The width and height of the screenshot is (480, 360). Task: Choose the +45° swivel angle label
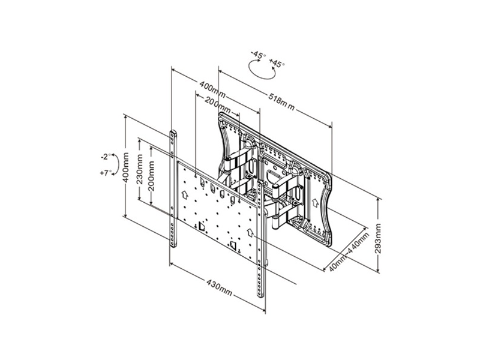pos(278,62)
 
